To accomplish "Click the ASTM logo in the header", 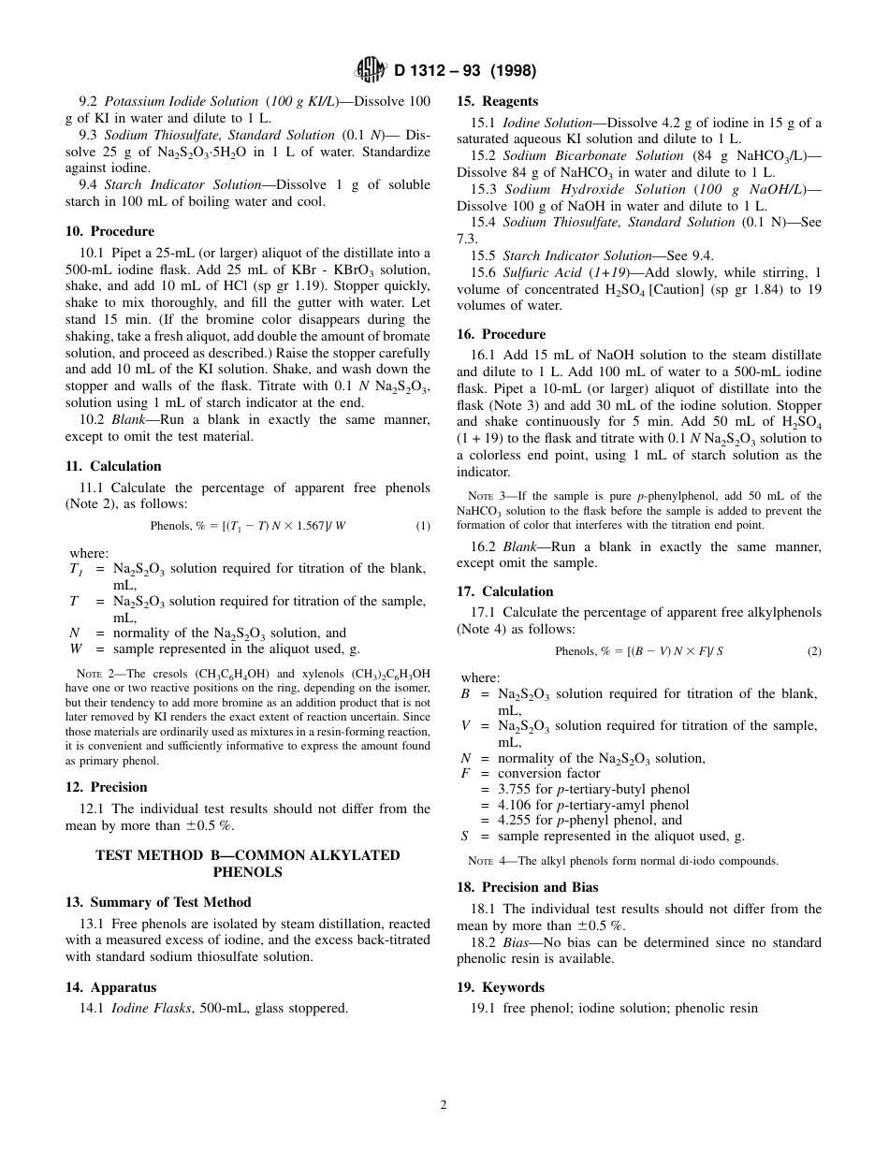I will click(372, 69).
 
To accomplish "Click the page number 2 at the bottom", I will click(444, 1104).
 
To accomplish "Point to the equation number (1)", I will click(423, 526).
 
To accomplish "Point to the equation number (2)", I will click(814, 651).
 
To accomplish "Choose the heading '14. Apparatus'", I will click(110, 987).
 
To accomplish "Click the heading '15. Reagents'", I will click(497, 101).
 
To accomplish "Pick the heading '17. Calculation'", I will click(504, 591).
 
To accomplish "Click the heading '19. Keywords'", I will click(500, 987).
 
